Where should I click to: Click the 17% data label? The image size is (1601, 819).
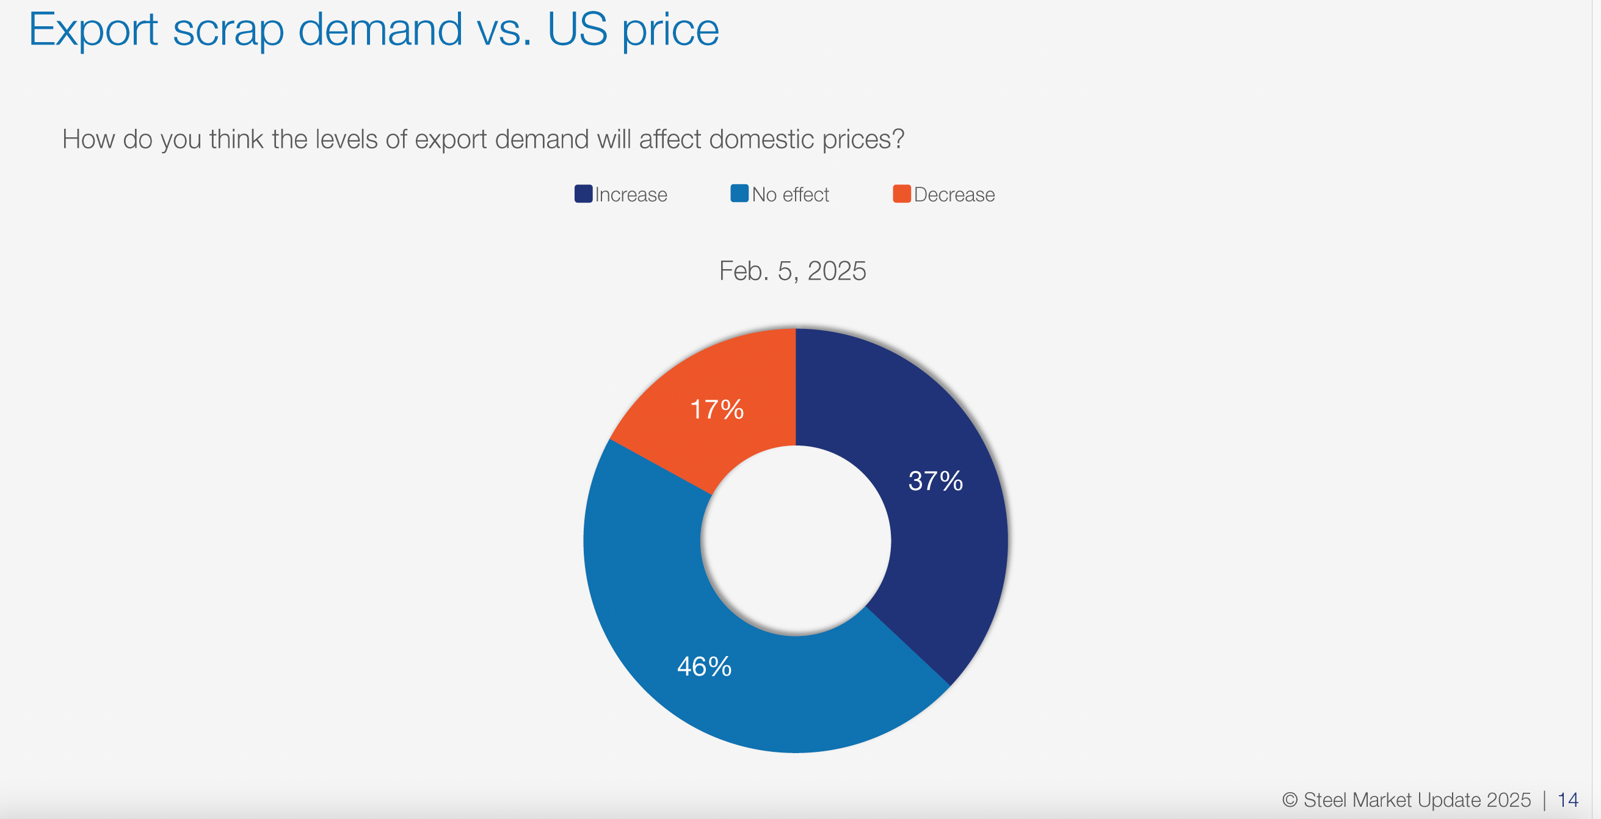click(x=717, y=409)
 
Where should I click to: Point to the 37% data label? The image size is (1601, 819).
click(x=935, y=481)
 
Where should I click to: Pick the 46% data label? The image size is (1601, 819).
click(x=704, y=667)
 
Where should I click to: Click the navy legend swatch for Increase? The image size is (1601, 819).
click(x=583, y=194)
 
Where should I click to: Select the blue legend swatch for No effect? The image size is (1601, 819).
click(x=739, y=194)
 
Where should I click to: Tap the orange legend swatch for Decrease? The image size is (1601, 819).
click(x=902, y=194)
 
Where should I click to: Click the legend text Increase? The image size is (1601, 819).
click(x=631, y=195)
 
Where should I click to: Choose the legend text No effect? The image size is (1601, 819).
click(x=791, y=195)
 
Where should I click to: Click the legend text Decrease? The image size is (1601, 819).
click(x=954, y=195)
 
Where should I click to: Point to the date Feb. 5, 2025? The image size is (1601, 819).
click(x=793, y=271)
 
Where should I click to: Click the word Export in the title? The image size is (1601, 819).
click(x=93, y=30)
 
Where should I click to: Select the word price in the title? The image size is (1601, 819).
click(x=670, y=30)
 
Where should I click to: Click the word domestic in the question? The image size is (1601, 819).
click(x=761, y=139)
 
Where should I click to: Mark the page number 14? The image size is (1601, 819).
click(x=1567, y=799)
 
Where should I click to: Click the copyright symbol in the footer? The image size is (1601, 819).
click(x=1290, y=799)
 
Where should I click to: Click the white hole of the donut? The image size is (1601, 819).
click(x=796, y=541)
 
